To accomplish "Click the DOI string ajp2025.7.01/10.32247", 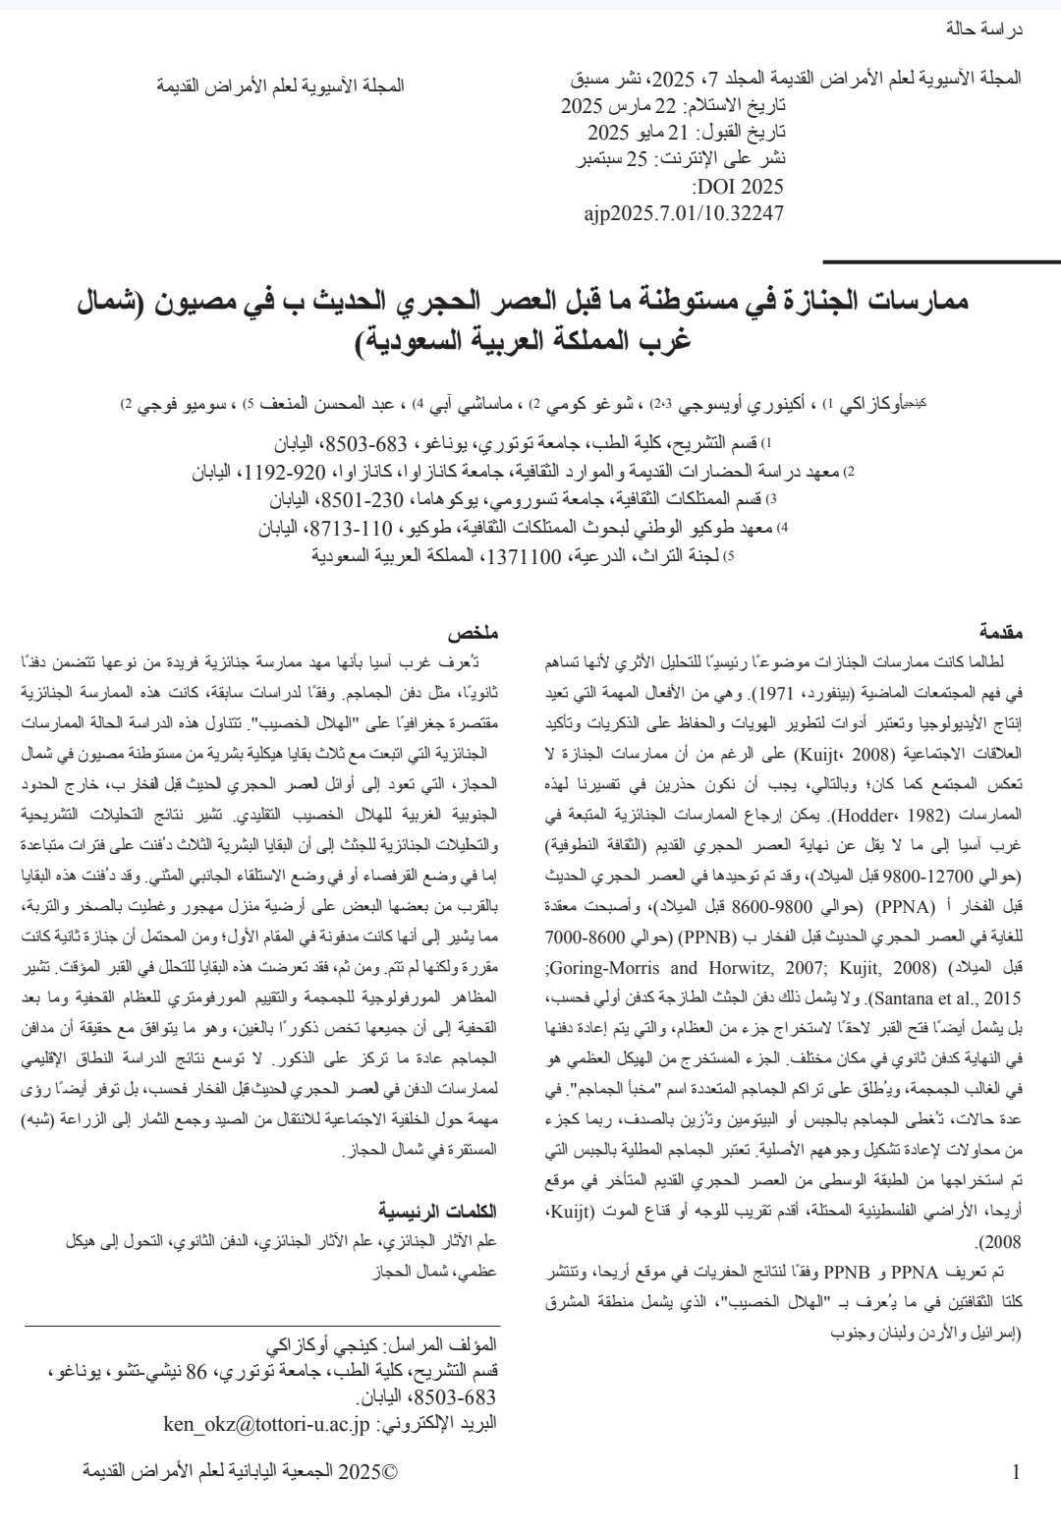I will (684, 211).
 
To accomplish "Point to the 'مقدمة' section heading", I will (1000, 631).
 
